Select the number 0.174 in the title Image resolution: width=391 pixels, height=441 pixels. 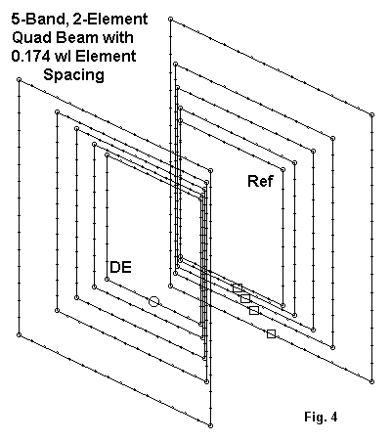click(x=30, y=56)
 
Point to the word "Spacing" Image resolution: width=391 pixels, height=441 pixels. click(x=74, y=75)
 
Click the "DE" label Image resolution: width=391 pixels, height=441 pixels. click(x=121, y=267)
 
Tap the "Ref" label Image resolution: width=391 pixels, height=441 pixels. click(x=261, y=181)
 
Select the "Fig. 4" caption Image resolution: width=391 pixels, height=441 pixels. click(x=321, y=417)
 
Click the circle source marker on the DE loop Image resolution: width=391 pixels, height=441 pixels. click(x=153, y=301)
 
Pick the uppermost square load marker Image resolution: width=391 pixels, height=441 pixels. click(x=238, y=287)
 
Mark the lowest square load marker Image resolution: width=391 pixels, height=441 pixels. click(x=271, y=333)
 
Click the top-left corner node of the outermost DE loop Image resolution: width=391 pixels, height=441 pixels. click(x=19, y=79)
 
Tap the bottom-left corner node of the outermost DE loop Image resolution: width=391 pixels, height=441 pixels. click(x=19, y=334)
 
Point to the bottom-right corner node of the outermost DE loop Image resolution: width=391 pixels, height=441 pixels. click(x=210, y=425)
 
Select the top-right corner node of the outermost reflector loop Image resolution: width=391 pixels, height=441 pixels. click(x=371, y=114)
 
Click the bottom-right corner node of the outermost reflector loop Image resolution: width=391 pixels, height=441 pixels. click(x=371, y=381)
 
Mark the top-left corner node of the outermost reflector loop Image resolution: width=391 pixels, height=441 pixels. click(x=170, y=20)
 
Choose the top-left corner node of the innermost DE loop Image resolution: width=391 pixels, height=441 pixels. click(x=107, y=155)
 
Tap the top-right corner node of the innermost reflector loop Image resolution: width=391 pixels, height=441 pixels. click(x=282, y=169)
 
